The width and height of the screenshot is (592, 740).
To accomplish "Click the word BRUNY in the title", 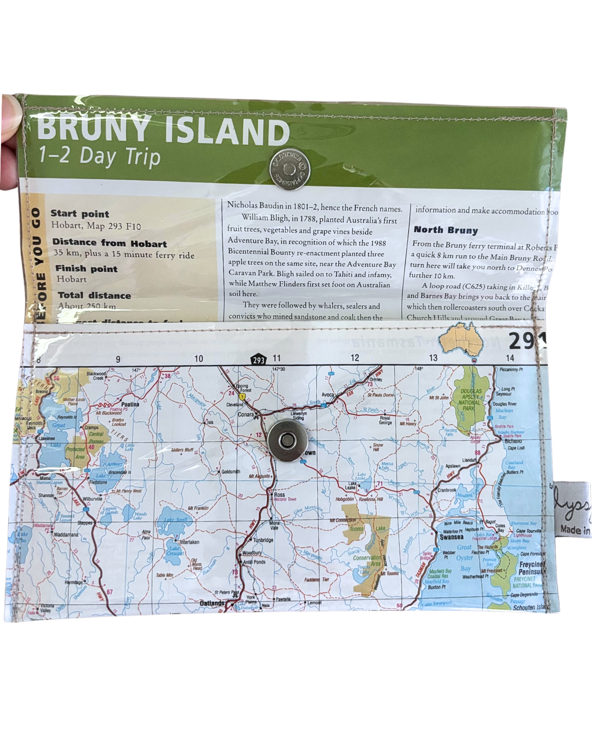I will pos(93,129).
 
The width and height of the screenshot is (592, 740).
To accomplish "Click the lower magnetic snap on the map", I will pos(288,440).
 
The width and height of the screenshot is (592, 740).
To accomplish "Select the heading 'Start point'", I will pos(80,214).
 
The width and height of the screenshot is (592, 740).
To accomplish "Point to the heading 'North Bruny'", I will pos(446,230).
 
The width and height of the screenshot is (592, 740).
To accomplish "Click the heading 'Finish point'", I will pos(86,269).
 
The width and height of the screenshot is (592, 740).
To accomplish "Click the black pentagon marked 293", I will pos(259,360).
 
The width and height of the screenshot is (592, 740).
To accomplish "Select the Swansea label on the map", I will pos(452,537).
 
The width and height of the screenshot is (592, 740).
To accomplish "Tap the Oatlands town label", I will pos(212,603).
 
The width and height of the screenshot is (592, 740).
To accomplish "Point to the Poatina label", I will pos(130,405).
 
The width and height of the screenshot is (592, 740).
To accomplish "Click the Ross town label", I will pos(280,494).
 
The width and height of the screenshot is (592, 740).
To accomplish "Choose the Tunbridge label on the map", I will pos(263,540).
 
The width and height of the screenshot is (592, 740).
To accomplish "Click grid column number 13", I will pos(433,358).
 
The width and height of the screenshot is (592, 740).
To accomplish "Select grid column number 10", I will pos(198,358).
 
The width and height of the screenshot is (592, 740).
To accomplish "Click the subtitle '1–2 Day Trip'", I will pos(99,156).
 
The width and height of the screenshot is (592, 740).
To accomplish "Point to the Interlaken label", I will pos(190,542).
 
